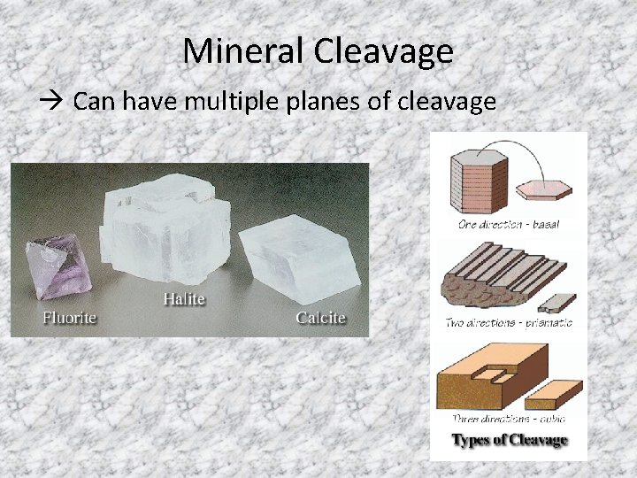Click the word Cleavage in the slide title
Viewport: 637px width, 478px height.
coord(382,51)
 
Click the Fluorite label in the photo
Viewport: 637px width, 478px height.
coord(70,317)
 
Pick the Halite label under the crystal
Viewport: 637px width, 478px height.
coord(184,299)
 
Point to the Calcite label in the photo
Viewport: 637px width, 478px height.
coord(320,318)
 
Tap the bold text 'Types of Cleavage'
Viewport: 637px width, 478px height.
coord(509,439)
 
